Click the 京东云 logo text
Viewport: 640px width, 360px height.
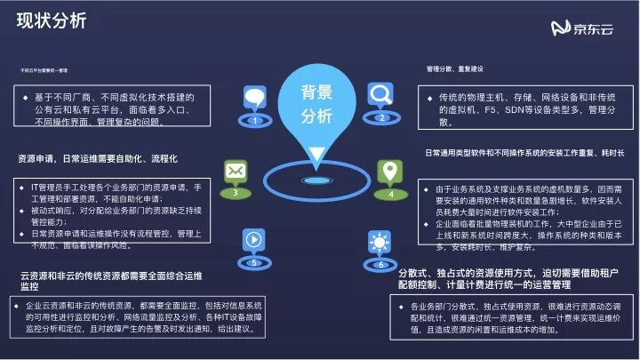point(596,30)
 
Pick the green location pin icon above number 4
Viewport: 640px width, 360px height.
point(388,170)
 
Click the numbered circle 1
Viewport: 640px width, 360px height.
point(255,119)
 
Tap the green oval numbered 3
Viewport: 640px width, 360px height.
point(235,192)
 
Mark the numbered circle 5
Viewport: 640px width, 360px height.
point(253,263)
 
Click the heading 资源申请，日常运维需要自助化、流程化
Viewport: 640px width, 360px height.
point(98,159)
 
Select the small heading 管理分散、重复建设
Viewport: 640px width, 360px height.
point(454,68)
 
